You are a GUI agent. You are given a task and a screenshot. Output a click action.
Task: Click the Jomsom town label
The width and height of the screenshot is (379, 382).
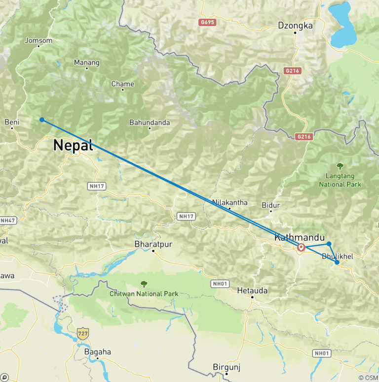pos(38,41)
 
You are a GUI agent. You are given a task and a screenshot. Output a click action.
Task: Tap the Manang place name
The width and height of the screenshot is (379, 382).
pos(86,63)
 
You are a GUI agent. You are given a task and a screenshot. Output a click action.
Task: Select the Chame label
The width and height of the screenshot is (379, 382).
pos(122,84)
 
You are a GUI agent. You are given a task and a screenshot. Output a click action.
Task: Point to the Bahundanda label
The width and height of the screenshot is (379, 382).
pos(150,122)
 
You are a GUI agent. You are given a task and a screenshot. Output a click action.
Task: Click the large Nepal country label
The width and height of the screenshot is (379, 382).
pos(73,145)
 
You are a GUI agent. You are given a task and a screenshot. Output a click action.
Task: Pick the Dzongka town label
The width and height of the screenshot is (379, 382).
pos(295,26)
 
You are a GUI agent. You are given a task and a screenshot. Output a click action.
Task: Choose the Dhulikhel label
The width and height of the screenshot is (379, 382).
pos(337,256)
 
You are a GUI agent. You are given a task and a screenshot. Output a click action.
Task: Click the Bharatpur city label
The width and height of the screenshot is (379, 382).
pos(154,243)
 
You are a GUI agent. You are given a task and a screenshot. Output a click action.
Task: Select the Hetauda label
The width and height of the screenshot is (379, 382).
pos(252,290)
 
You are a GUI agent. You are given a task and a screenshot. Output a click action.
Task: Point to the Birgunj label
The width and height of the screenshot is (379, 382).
pos(226,367)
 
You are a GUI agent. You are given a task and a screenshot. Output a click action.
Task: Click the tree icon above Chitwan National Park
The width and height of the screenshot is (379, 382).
pos(144,284)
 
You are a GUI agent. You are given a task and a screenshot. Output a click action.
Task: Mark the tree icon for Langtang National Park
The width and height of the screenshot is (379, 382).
pos(340,166)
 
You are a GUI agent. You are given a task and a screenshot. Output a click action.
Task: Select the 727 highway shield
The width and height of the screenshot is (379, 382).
pos(82,333)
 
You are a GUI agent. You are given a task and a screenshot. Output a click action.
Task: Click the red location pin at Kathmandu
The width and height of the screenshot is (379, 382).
pos(301,247)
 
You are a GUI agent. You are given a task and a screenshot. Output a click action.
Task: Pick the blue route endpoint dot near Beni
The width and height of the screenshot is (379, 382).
pos(42,120)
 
